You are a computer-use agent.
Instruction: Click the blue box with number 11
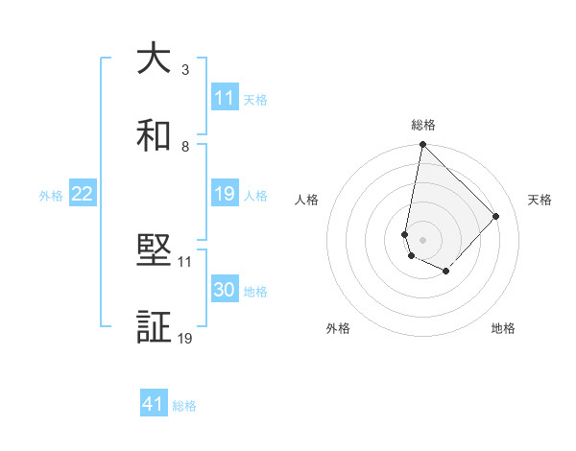(x=224, y=97)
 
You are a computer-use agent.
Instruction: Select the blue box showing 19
(x=224, y=194)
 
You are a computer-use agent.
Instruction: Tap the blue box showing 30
(x=224, y=290)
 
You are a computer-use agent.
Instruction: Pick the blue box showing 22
(x=83, y=194)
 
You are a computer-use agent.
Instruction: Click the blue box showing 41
(x=154, y=404)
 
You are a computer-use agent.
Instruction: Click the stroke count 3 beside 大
(x=185, y=70)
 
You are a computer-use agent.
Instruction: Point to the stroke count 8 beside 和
(x=185, y=146)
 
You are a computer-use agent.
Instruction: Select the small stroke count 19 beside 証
(x=185, y=338)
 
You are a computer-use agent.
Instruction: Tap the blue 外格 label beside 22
(x=51, y=195)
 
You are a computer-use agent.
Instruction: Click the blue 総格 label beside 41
(x=184, y=405)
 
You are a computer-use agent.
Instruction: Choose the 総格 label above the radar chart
(x=423, y=125)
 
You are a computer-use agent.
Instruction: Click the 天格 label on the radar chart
(x=540, y=200)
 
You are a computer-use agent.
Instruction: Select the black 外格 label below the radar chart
(x=338, y=328)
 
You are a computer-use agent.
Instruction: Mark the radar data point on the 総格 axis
(x=422, y=145)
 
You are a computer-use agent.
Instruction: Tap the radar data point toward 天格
(x=495, y=216)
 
